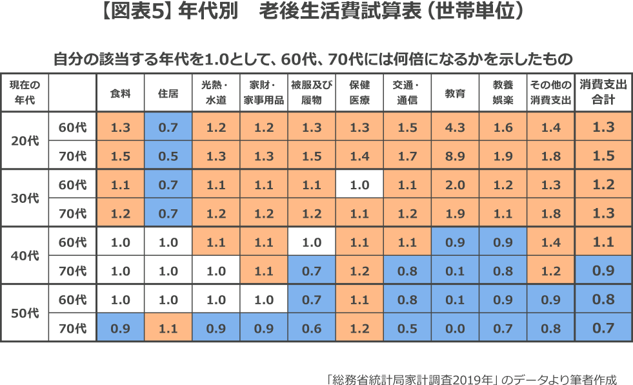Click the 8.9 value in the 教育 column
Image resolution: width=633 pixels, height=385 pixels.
tap(455, 156)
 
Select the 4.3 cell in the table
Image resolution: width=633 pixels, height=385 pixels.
tap(455, 127)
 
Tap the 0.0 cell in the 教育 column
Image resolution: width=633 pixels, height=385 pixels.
tap(455, 328)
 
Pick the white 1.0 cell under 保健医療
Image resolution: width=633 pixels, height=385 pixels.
tap(359, 185)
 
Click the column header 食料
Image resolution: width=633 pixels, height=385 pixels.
tap(121, 92)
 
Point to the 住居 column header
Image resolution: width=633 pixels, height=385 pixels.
tap(168, 92)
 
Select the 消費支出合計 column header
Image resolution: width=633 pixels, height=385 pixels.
tap(603, 92)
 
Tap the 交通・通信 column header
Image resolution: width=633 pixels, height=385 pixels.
tap(407, 92)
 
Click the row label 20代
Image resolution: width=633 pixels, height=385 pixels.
tap(25, 141)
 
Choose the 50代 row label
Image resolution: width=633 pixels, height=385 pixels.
tap(25, 314)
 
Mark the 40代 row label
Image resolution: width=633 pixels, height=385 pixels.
tap(25, 256)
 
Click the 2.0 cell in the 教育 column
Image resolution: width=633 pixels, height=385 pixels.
tap(455, 185)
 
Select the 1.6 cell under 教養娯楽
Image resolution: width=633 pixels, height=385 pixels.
tap(503, 127)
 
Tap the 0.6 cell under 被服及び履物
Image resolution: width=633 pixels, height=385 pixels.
tap(312, 328)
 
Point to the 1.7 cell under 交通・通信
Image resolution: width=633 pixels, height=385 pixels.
tap(407, 156)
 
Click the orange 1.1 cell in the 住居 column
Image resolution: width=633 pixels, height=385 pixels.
tap(168, 328)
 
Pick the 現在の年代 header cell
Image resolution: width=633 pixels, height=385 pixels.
tap(25, 92)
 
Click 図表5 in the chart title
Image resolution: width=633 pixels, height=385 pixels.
tap(143, 13)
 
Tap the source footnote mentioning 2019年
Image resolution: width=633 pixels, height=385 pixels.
tap(471, 378)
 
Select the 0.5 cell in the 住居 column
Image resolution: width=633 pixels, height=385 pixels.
tap(168, 156)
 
